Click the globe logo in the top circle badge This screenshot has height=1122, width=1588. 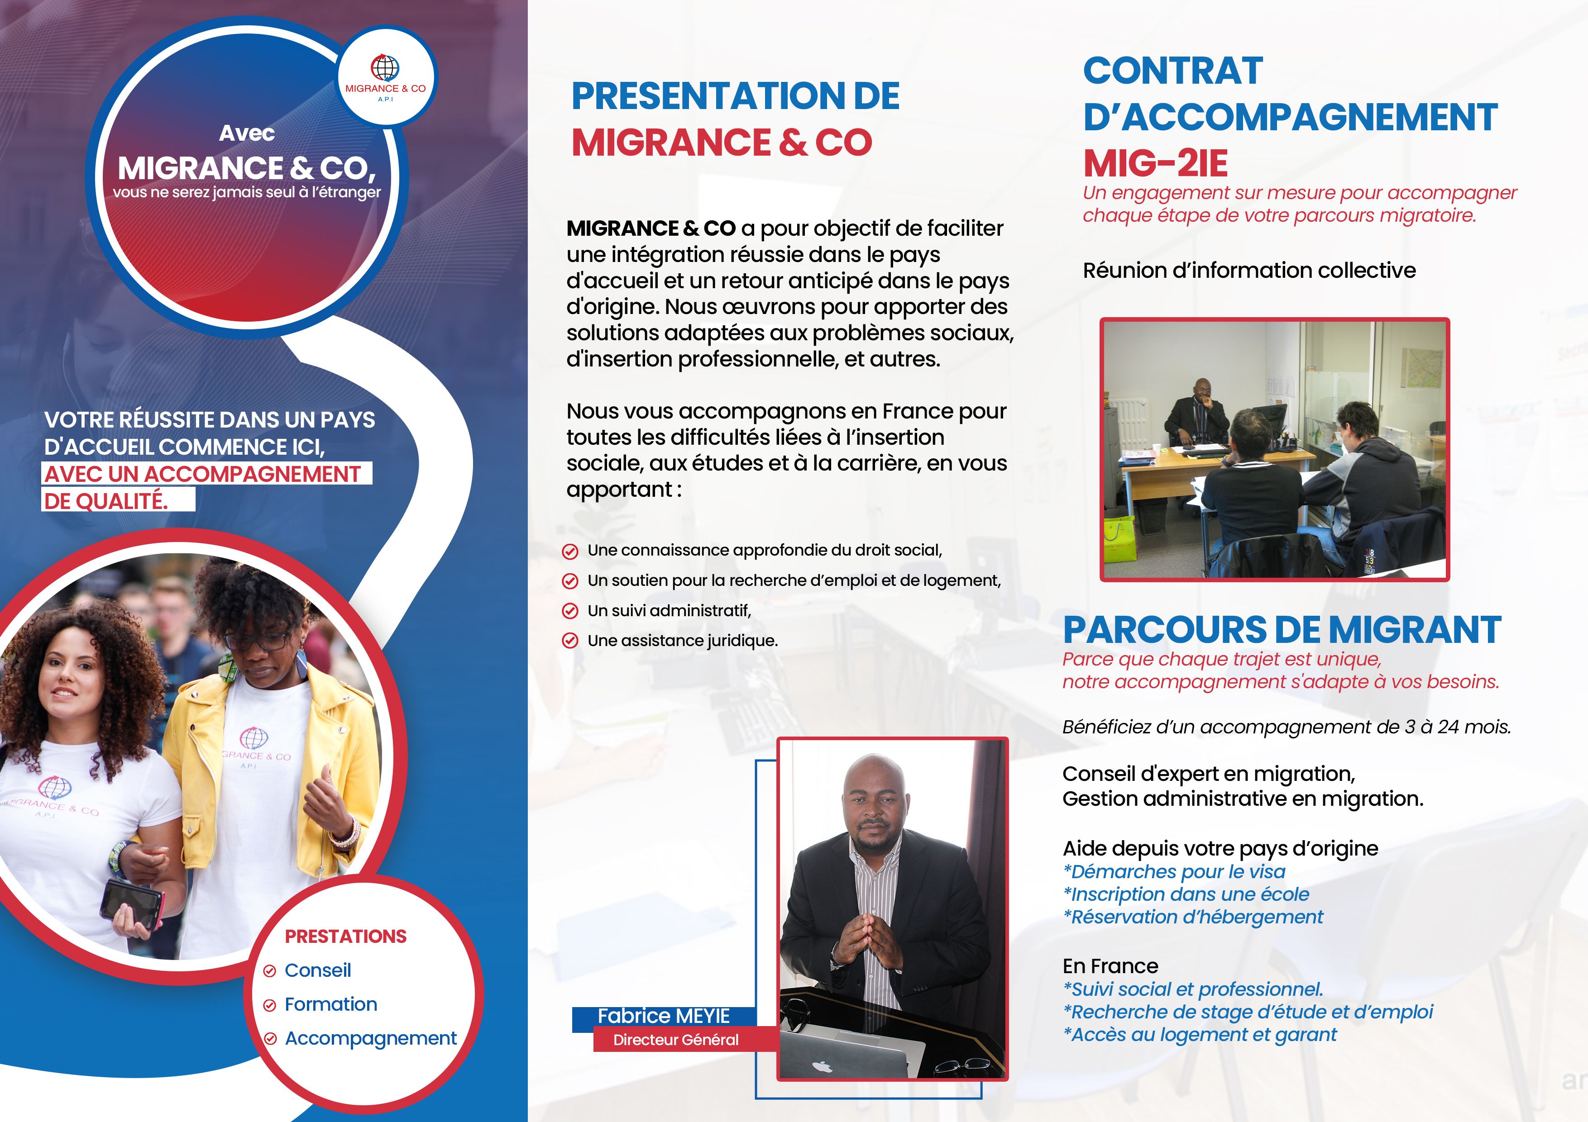pyautogui.click(x=385, y=68)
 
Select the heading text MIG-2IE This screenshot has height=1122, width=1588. pyautogui.click(x=1155, y=163)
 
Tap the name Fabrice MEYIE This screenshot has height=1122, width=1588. pyautogui.click(x=663, y=1016)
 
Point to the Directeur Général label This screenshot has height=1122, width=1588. pyautogui.click(x=676, y=1040)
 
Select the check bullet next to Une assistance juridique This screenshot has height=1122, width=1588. pyautogui.click(x=570, y=641)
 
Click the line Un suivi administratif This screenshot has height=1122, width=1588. pyautogui.click(x=669, y=610)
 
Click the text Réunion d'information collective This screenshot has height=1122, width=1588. pyautogui.click(x=1249, y=270)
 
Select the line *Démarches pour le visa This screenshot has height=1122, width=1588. pyautogui.click(x=1174, y=872)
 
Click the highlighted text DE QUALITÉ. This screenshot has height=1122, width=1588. pyautogui.click(x=106, y=500)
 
